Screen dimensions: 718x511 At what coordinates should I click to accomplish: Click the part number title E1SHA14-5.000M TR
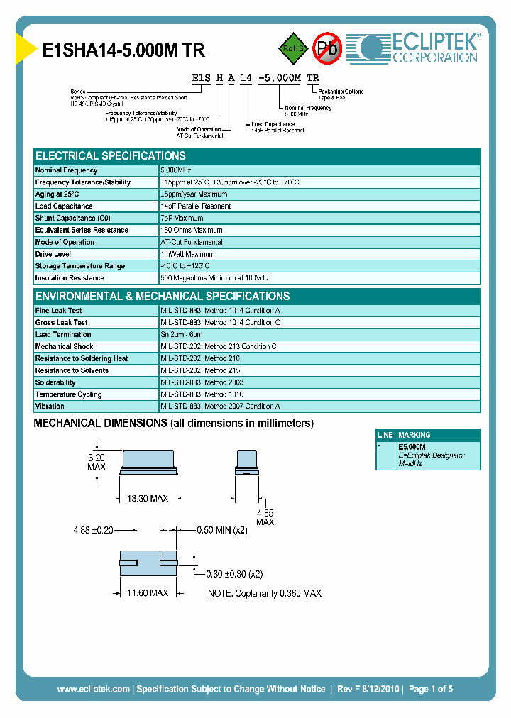click(x=124, y=50)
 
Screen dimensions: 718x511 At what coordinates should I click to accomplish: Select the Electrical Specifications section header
click(x=111, y=156)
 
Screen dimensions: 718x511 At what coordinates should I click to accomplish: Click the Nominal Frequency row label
click(x=67, y=170)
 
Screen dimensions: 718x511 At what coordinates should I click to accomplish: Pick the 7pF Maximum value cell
click(x=182, y=219)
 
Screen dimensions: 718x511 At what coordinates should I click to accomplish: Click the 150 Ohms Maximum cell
click(x=192, y=231)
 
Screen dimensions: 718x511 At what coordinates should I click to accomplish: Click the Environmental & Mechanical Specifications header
click(x=163, y=297)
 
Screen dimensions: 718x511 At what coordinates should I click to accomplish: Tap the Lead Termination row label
click(x=63, y=335)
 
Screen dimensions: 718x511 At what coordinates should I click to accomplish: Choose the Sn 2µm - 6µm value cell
click(x=182, y=335)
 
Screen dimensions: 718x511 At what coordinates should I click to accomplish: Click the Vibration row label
click(x=50, y=407)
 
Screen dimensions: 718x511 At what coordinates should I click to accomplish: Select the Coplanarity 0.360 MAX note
click(x=264, y=593)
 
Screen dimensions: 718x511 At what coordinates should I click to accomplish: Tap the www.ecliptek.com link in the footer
click(x=93, y=689)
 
